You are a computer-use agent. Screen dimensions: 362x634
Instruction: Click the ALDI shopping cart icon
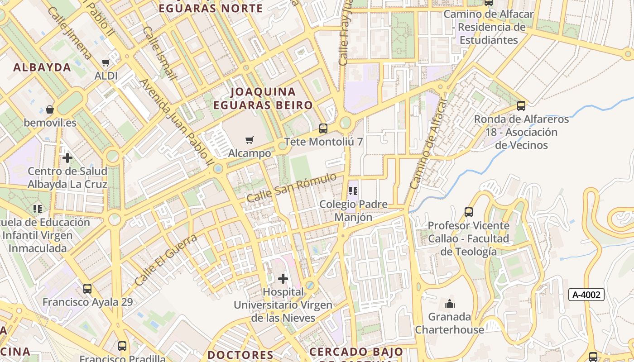tap(106, 62)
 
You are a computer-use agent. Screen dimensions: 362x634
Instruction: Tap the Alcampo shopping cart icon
tap(250, 140)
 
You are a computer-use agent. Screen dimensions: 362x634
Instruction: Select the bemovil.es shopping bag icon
tap(50, 110)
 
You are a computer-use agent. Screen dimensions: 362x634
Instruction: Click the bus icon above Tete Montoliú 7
tap(323, 128)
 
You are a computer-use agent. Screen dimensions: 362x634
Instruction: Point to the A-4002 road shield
tap(586, 295)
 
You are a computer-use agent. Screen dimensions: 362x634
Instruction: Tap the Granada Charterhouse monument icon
tap(450, 303)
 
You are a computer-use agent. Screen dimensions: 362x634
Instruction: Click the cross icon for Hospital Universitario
tap(283, 278)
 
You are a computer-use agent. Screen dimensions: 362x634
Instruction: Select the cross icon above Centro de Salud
tap(67, 158)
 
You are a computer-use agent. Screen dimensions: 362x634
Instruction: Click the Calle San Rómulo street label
tap(292, 187)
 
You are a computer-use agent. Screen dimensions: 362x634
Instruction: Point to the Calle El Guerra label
tap(166, 260)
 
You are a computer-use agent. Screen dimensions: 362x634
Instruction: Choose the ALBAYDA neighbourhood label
tap(42, 68)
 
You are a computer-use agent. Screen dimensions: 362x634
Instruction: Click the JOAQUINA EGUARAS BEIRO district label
tap(263, 99)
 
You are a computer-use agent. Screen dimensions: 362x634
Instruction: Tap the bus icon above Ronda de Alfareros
tap(521, 106)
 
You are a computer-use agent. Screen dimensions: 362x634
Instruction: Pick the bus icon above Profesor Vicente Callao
tap(469, 212)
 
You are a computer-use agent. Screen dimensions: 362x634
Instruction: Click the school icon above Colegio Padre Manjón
tap(353, 191)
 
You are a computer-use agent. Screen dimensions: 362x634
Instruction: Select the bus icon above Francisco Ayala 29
tap(87, 288)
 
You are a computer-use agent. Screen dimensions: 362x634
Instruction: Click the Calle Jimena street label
tap(69, 33)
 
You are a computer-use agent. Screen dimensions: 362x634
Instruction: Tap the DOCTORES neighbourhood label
tap(240, 354)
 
